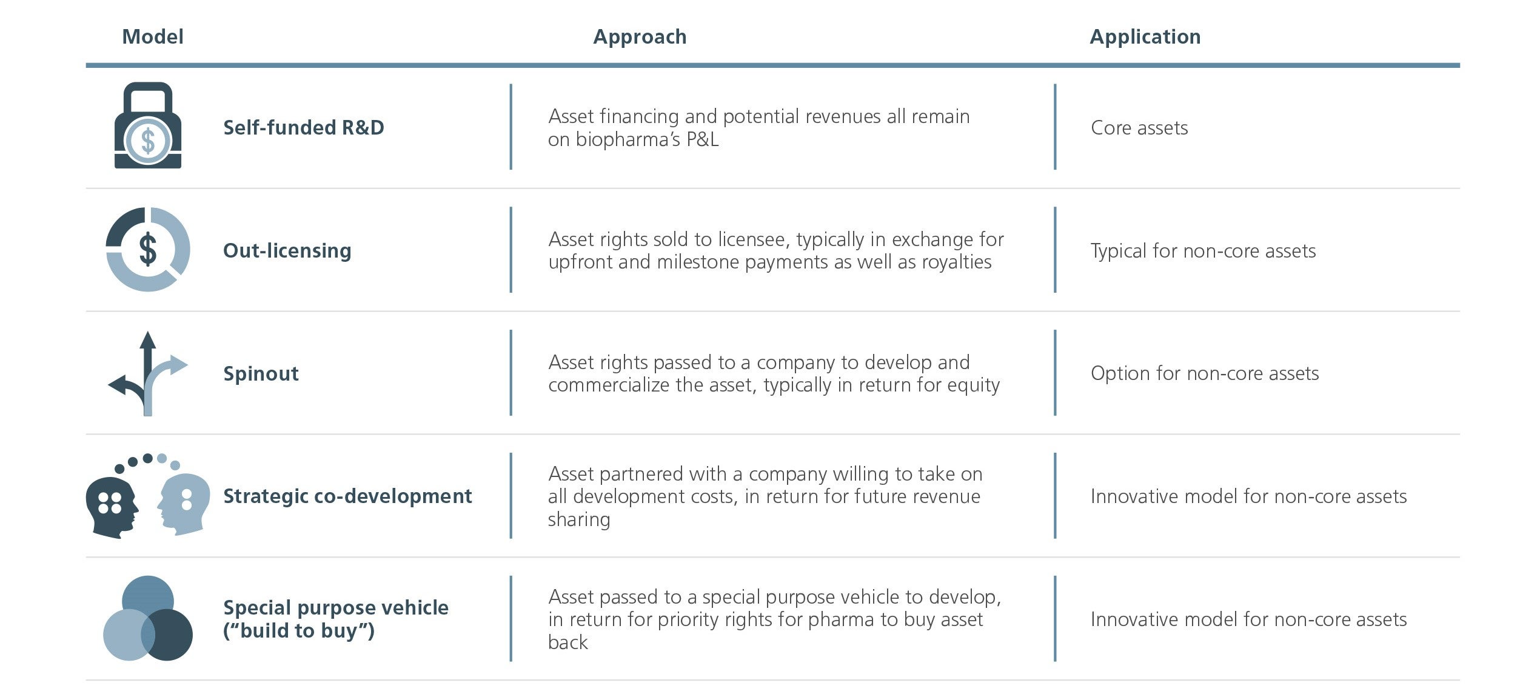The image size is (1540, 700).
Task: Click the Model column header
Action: [x=153, y=37]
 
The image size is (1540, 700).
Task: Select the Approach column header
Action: [x=640, y=38]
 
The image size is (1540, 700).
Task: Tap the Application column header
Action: [x=1145, y=38]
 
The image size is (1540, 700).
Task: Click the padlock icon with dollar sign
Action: [x=148, y=125]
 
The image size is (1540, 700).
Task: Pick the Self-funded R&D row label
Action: [x=304, y=127]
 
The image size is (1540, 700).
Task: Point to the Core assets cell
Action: [x=1139, y=128]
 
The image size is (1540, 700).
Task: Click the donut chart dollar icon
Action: [x=148, y=249]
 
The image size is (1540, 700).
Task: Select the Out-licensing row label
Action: [x=287, y=250]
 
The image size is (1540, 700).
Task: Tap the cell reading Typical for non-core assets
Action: [x=1204, y=251]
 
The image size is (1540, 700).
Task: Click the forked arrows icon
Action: [x=147, y=373]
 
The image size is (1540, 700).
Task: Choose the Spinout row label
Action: [x=261, y=373]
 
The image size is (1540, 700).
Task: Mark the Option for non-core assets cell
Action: [x=1205, y=373]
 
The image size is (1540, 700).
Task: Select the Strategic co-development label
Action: [x=347, y=496]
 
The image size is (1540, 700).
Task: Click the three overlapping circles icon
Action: [x=148, y=618]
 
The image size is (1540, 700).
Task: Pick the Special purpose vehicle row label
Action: [x=336, y=619]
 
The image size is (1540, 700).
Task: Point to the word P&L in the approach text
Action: [x=702, y=139]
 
